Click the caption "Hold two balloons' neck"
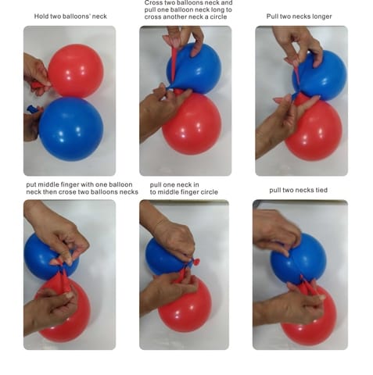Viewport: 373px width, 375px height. pyautogui.click(x=70, y=16)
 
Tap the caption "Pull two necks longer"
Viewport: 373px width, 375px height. pyautogui.click(x=299, y=16)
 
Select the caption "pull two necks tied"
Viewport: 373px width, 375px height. pyautogui.click(x=298, y=190)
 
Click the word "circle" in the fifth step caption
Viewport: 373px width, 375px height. pyautogui.click(x=207, y=192)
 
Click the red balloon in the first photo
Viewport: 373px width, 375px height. pyautogui.click(x=76, y=71)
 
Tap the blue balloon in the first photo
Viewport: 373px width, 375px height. pyautogui.click(x=71, y=129)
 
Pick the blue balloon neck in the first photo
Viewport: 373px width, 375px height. pyautogui.click(x=33, y=109)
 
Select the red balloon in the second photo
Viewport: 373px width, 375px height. pyautogui.click(x=192, y=123)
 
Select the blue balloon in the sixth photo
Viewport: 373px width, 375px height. pyautogui.click(x=299, y=260)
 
